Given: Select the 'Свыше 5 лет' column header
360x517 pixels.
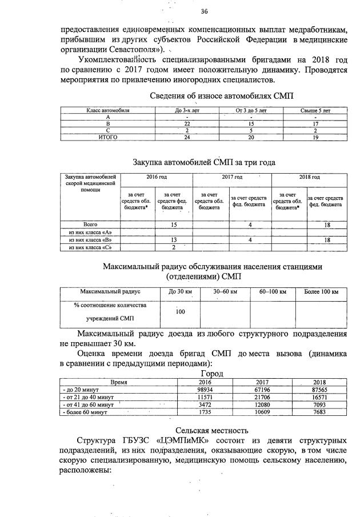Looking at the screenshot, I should click(x=315, y=110).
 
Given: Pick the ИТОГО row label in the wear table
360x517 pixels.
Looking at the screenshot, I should click(x=109, y=137).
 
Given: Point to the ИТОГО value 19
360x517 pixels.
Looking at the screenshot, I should click(x=315, y=137).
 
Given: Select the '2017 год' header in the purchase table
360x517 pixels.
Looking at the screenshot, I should click(x=232, y=177).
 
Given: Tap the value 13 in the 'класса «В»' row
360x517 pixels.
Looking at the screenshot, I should click(x=173, y=240).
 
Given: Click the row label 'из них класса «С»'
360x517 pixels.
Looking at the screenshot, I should click(x=90, y=247).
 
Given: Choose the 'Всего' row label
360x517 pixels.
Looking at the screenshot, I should click(x=90, y=225).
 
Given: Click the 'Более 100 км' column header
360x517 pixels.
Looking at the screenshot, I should click(x=321, y=292).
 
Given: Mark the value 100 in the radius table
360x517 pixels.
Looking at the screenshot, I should click(x=181, y=312).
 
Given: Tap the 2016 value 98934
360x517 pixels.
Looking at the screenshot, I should click(x=205, y=388).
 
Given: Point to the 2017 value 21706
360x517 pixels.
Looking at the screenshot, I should click(x=261, y=396).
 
